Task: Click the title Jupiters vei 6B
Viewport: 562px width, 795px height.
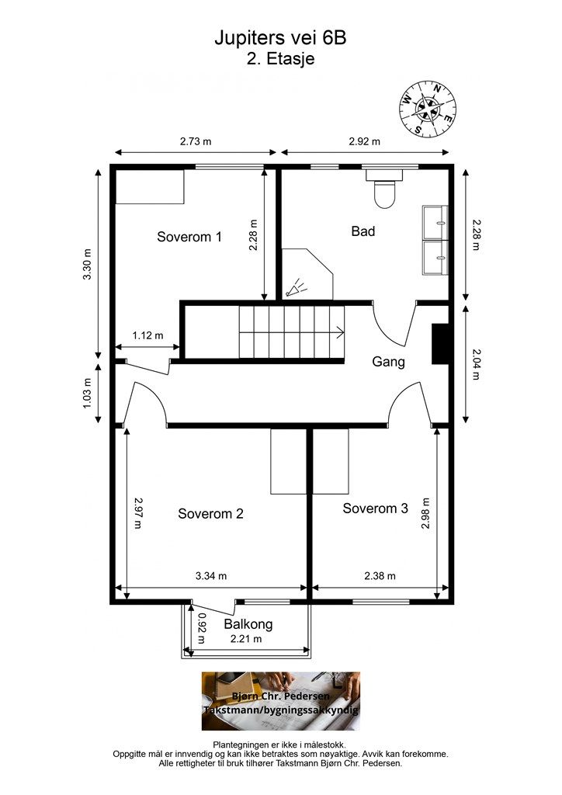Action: (280, 38)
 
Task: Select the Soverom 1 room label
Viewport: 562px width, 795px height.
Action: (189, 237)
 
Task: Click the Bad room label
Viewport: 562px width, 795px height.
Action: (363, 231)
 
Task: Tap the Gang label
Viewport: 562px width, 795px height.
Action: (388, 362)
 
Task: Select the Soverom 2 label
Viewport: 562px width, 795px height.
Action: (210, 514)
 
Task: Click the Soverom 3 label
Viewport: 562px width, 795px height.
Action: (375, 509)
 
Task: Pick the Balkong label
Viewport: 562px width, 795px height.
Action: (248, 623)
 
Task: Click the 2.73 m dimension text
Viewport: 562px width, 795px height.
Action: (196, 141)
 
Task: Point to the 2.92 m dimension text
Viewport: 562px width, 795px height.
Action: (364, 141)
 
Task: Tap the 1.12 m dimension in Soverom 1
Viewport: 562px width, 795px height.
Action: (148, 335)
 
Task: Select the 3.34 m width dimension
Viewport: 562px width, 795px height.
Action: (211, 576)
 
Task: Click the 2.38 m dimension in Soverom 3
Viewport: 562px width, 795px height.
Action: (380, 576)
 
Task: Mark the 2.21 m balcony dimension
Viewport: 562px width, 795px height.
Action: (246, 639)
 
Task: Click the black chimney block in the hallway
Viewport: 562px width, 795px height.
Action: (440, 344)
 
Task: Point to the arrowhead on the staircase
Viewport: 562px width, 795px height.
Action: (342, 332)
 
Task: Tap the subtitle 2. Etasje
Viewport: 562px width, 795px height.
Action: (280, 59)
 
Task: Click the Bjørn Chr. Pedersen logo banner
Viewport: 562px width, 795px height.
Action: (281, 701)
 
